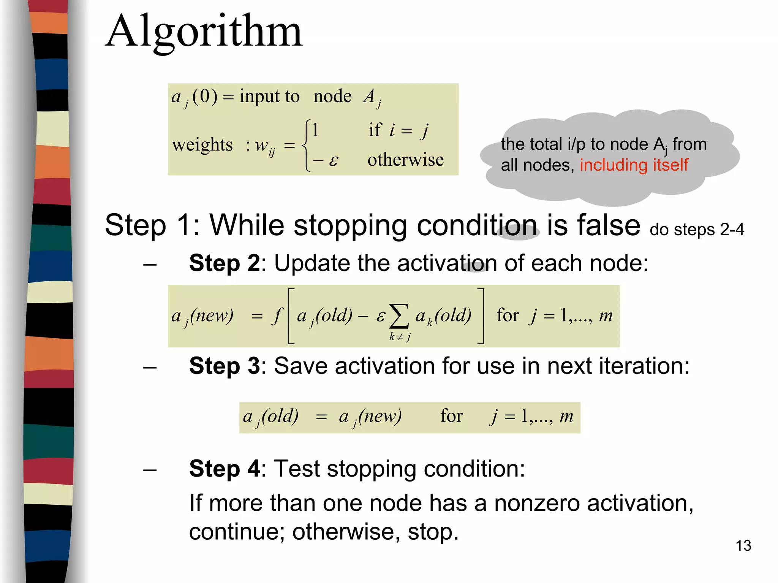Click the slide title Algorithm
click(204, 32)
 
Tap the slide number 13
click(743, 546)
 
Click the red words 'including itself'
click(634, 165)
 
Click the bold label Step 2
click(225, 263)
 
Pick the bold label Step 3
click(225, 366)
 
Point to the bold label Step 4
click(225, 469)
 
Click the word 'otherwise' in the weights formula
click(405, 160)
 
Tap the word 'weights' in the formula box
click(202, 145)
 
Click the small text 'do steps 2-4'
click(697, 230)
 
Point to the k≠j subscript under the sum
click(400, 337)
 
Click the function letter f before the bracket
click(278, 315)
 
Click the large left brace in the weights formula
click(306, 146)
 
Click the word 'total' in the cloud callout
click(546, 144)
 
